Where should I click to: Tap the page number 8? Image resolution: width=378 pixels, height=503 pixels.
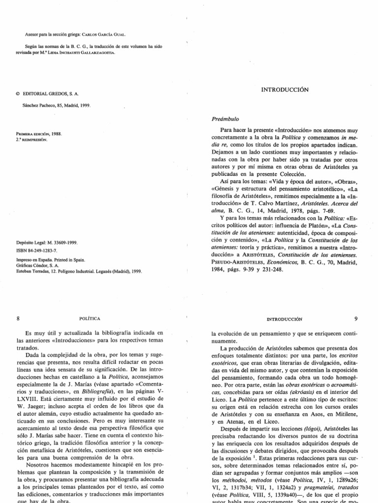(x=18, y=318)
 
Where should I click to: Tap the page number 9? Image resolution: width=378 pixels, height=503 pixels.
(x=356, y=318)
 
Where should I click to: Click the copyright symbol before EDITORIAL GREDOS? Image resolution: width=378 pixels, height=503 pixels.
(x=18, y=92)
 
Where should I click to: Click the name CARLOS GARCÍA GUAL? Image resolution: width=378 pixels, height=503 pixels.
(x=109, y=35)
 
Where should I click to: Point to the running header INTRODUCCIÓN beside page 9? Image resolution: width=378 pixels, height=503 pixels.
(x=283, y=319)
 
